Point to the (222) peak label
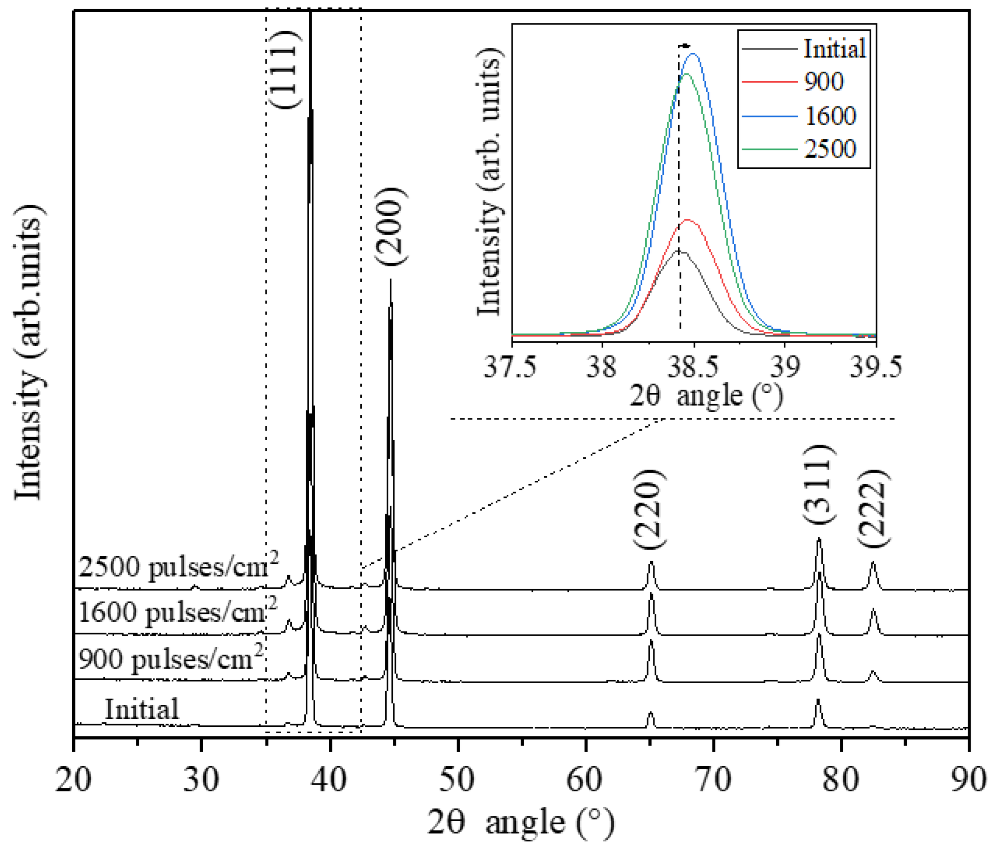point(873,509)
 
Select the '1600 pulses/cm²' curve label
point(177,612)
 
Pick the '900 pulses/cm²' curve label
point(171,658)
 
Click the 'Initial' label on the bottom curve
point(142,709)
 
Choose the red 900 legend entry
point(824,82)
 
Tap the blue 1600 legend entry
point(830,116)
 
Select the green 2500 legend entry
point(830,149)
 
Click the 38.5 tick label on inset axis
point(693,367)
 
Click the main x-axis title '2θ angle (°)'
point(522,823)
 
